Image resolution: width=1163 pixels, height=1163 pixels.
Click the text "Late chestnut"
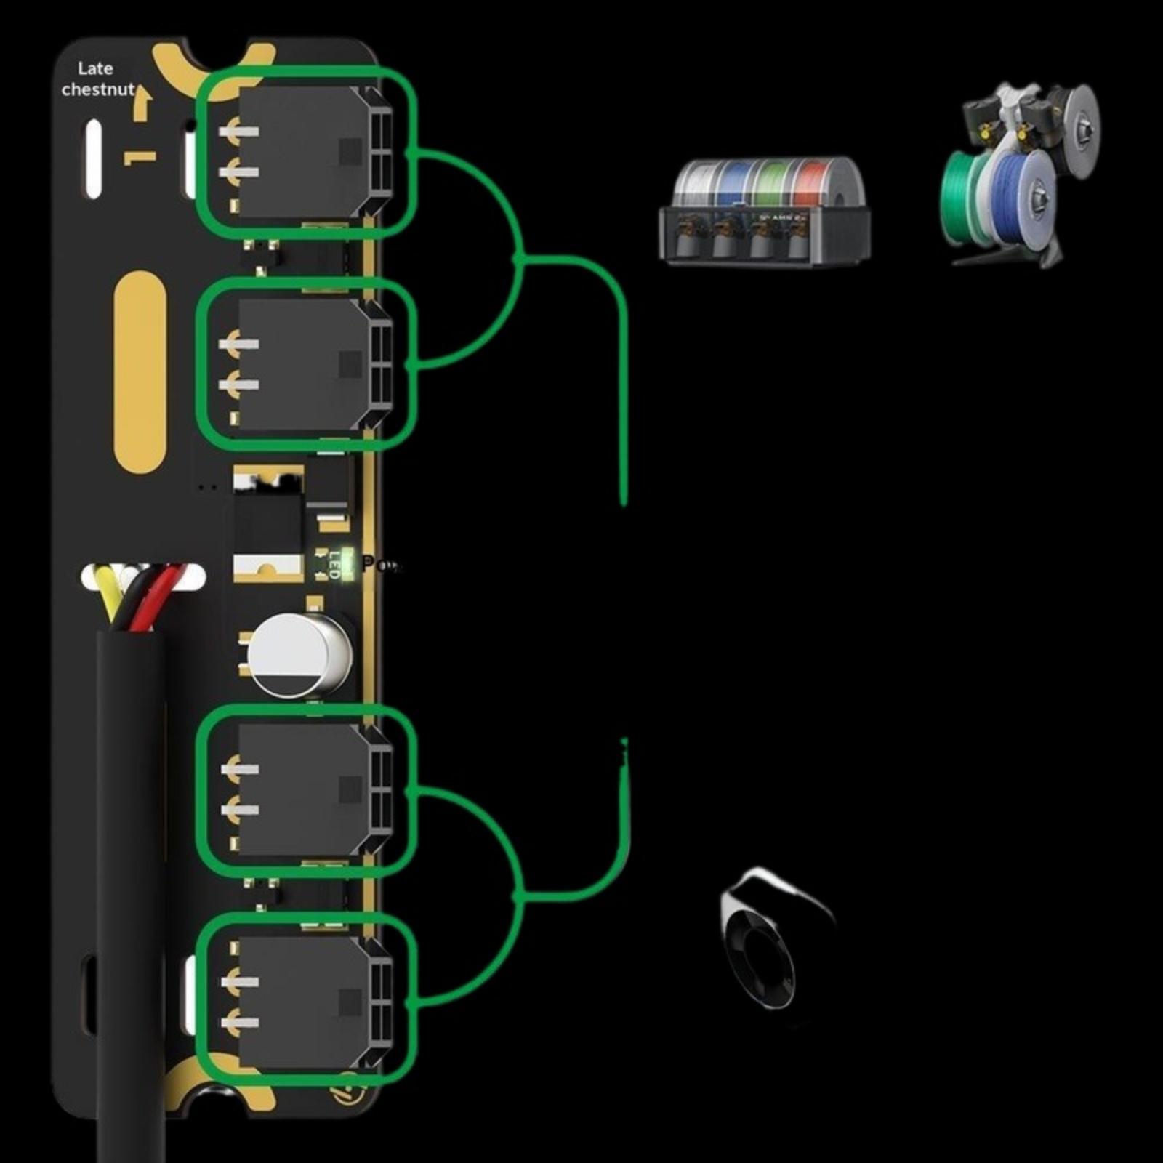(x=97, y=79)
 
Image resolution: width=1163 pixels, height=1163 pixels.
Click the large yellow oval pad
(x=140, y=372)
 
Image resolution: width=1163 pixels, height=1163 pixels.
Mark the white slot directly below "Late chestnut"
(x=94, y=160)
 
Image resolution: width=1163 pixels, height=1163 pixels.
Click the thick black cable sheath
(x=131, y=872)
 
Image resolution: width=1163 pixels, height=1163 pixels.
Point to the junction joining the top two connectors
(x=518, y=258)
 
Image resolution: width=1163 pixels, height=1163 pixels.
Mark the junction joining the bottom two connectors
(x=518, y=898)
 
